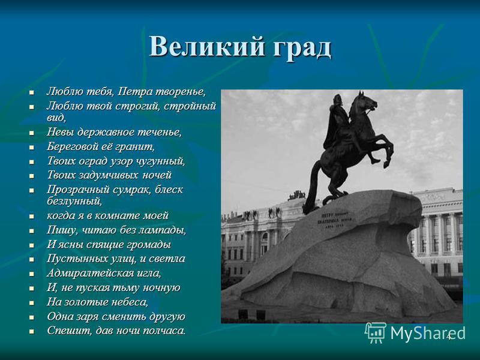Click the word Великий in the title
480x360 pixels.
pyautogui.click(x=206, y=47)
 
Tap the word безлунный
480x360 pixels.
pyautogui.click(x=74, y=201)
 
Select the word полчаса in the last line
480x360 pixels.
pyautogui.click(x=164, y=331)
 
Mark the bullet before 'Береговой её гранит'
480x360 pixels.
pyautogui.click(x=31, y=148)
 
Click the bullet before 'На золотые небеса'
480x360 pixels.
pyautogui.click(x=31, y=303)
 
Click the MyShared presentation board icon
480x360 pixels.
pyautogui.click(x=376, y=333)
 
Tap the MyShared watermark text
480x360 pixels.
pyautogui.click(x=428, y=332)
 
